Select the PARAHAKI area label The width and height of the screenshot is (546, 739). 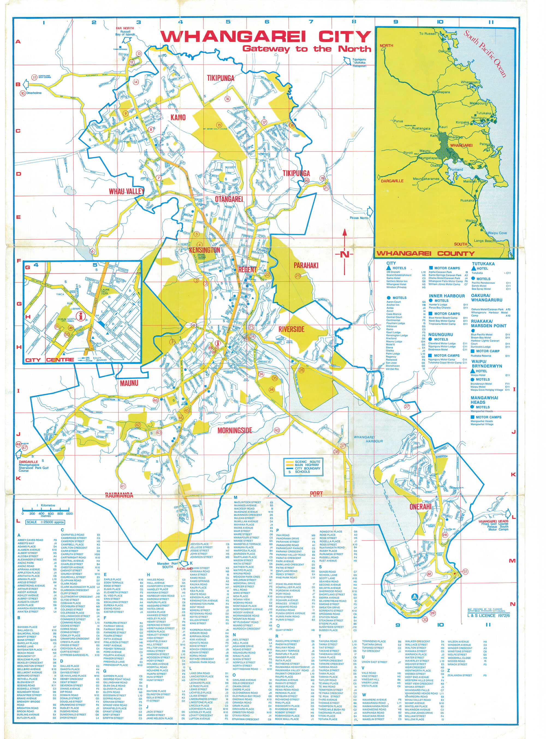point(306,265)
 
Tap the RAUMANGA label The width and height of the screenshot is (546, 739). point(119,495)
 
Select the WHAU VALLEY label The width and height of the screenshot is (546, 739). point(127,191)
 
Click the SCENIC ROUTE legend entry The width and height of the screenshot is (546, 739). point(307,461)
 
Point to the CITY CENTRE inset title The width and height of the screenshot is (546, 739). point(50,360)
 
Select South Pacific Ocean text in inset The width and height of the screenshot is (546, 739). point(485,53)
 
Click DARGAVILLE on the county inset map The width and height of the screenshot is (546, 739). point(392,181)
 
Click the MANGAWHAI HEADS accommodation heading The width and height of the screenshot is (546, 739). point(485,400)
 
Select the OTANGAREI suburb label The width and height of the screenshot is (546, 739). point(229,199)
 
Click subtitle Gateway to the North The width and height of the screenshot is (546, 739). point(306,49)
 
